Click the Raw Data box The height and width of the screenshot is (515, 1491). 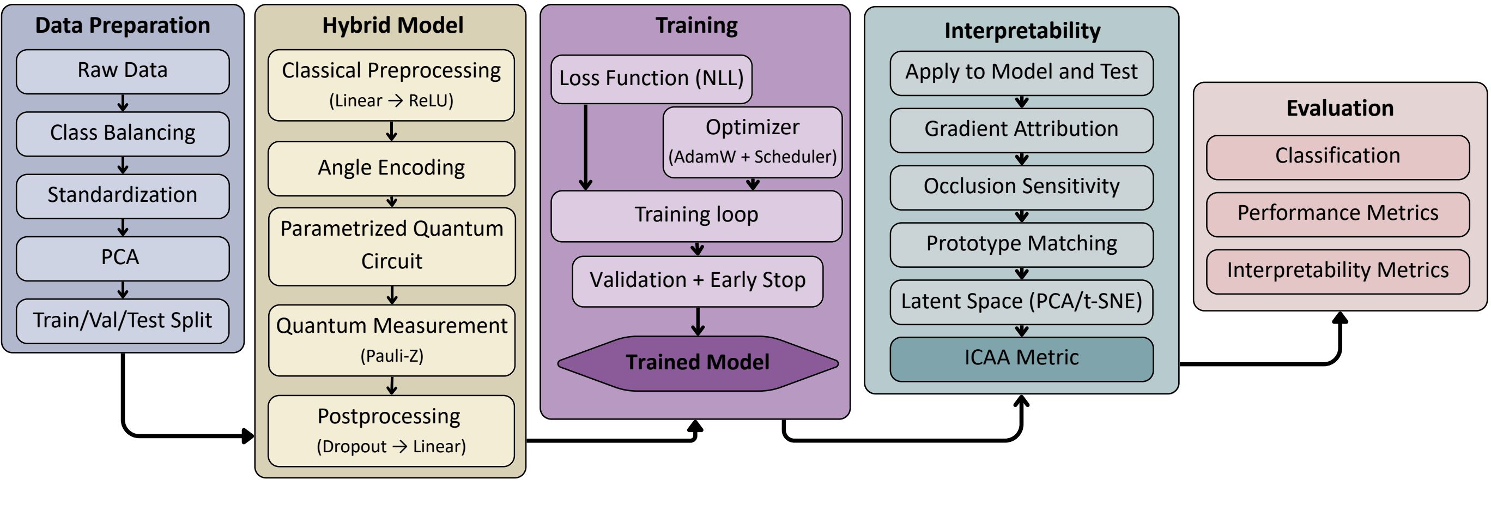tap(123, 71)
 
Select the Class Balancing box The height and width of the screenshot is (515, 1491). tap(123, 134)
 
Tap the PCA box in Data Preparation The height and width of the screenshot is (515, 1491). tap(123, 259)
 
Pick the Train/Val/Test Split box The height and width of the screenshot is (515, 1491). tap(123, 321)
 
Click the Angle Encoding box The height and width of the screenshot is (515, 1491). tap(391, 169)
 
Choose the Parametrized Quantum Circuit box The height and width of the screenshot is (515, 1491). tap(392, 247)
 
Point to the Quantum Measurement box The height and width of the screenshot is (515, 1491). tap(392, 340)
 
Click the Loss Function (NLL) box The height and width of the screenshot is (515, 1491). tap(652, 79)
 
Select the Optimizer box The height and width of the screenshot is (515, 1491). tap(753, 142)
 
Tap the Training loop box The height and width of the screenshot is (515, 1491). tap(696, 216)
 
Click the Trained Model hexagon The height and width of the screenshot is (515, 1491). tap(698, 363)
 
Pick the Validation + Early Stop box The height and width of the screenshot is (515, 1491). tap(698, 282)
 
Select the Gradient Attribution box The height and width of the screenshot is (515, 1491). tap(1022, 130)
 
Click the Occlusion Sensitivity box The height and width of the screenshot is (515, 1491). tap(1022, 188)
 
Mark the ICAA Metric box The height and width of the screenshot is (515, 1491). tap(1022, 359)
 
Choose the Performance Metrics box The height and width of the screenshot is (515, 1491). tap(1338, 214)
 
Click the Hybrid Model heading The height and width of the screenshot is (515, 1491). tap(392, 26)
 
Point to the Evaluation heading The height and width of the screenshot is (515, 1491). tap(1340, 109)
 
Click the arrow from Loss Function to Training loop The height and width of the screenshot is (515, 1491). tap(586, 147)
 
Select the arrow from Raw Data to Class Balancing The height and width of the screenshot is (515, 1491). tap(123, 103)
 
